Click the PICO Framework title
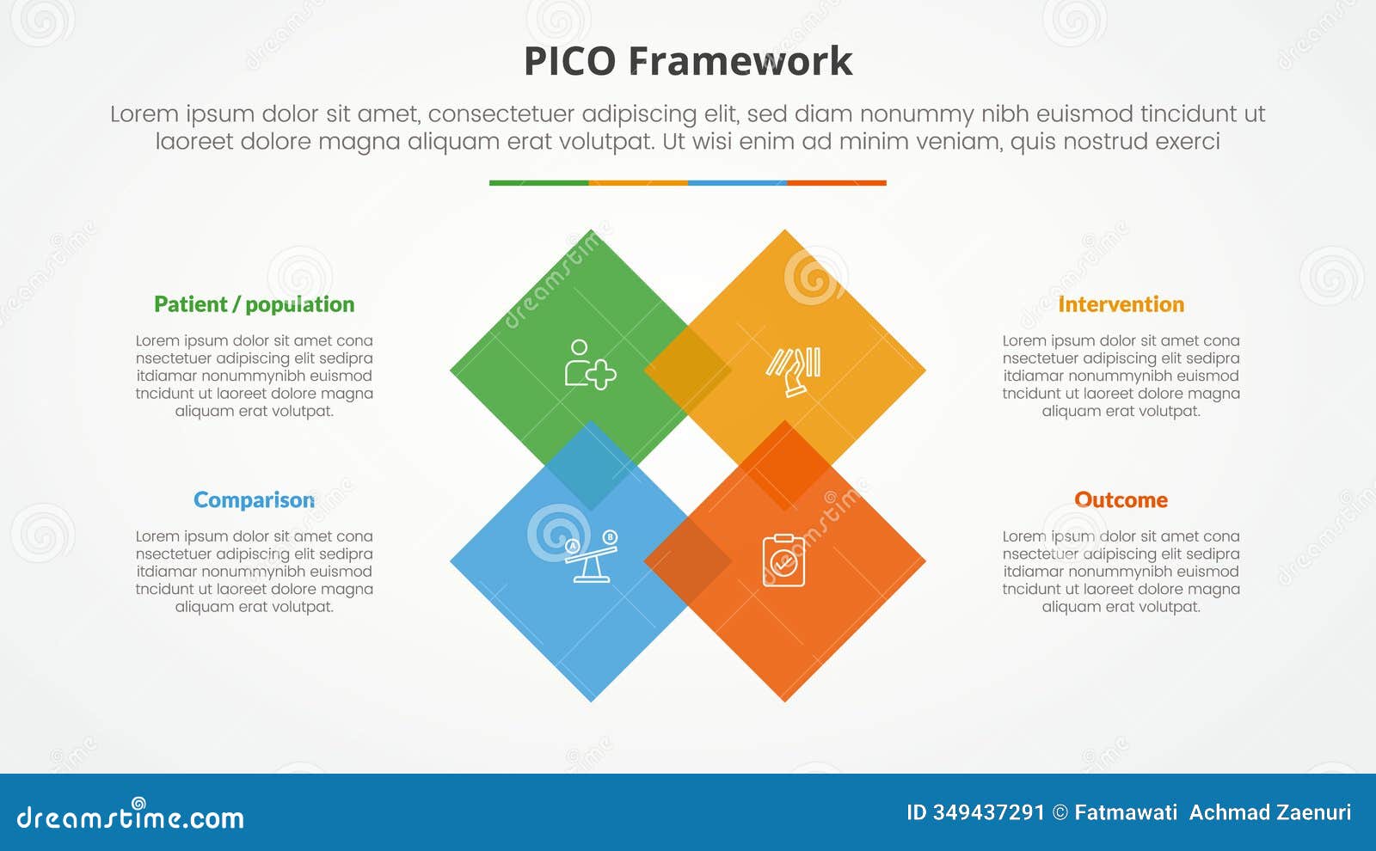pos(688,62)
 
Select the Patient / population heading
pos(254,304)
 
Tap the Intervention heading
pos(1121,304)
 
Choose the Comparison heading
pos(254,500)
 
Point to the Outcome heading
pos(1121,500)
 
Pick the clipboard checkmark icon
pos(783,561)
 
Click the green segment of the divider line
pos(538,183)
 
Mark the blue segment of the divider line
pos(737,183)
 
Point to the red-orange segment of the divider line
pos(836,183)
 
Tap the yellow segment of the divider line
pos(638,183)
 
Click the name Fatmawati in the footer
pos(1126,813)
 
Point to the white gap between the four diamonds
pos(688,466)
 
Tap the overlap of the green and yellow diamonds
pos(688,370)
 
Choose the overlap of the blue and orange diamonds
pos(688,561)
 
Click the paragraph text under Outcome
pos(1121,571)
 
